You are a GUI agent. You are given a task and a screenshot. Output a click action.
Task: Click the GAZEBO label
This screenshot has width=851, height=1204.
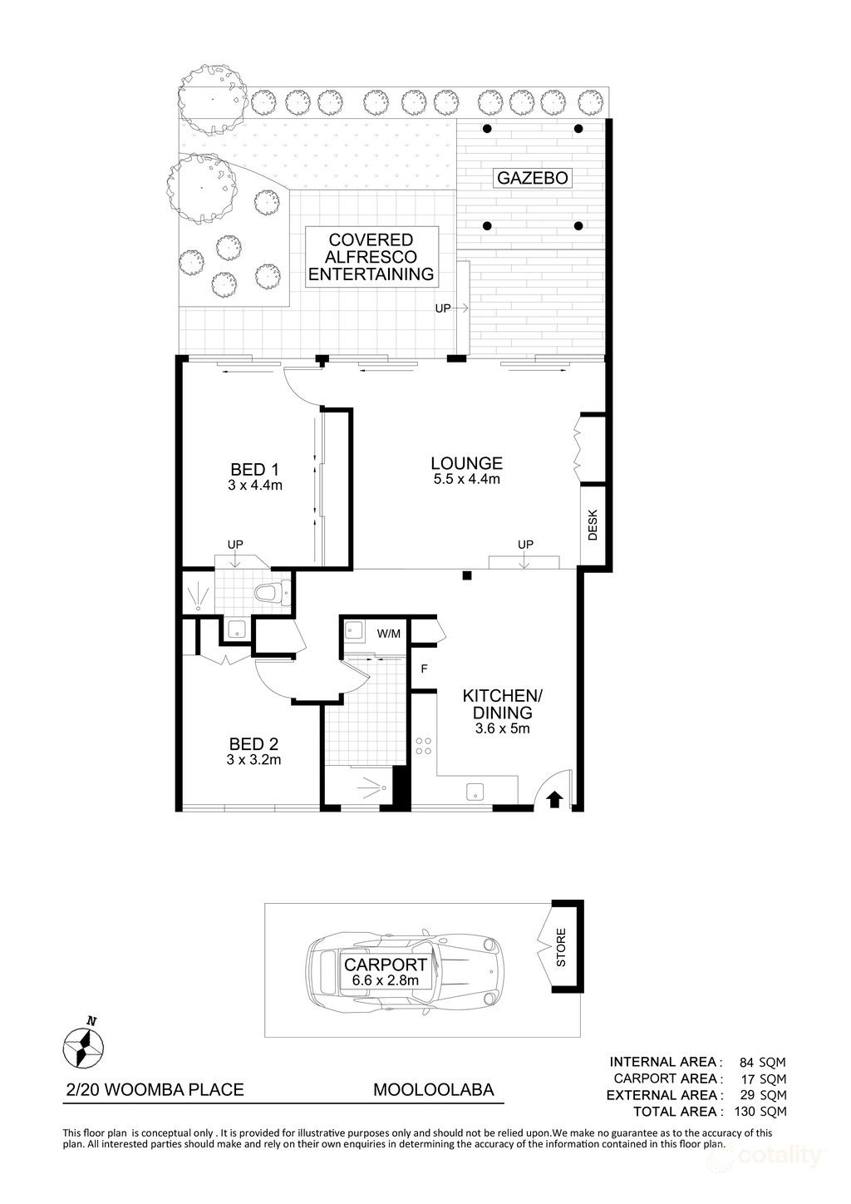click(x=532, y=178)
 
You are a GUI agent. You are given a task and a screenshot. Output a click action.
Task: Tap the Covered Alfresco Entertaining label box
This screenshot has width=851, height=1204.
click(x=371, y=257)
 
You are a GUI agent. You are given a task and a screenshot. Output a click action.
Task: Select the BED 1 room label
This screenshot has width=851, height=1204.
click(x=255, y=469)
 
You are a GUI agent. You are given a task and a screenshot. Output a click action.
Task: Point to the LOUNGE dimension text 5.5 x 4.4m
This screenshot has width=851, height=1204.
click(x=466, y=479)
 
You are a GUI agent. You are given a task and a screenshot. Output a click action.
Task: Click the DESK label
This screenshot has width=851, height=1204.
click(x=593, y=526)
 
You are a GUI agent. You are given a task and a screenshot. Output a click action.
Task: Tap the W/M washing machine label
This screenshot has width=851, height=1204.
click(x=388, y=634)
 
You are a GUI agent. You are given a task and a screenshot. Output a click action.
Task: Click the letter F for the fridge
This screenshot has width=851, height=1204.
click(x=424, y=668)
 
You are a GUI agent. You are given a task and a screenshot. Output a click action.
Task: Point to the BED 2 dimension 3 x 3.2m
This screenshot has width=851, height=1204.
click(x=254, y=759)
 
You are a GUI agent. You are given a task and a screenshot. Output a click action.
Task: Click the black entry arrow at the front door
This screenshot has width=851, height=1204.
click(x=554, y=799)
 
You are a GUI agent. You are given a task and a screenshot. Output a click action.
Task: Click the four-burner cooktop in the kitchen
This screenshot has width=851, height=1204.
click(x=424, y=746)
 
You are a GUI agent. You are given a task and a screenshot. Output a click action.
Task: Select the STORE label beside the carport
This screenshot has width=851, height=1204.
click(x=560, y=947)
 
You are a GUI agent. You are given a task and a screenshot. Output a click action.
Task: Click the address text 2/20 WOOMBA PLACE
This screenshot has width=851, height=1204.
click(x=155, y=1089)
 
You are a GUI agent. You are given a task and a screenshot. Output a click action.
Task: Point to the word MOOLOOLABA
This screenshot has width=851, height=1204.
click(x=433, y=1089)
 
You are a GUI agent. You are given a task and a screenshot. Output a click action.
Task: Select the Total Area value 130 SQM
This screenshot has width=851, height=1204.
click(x=754, y=1111)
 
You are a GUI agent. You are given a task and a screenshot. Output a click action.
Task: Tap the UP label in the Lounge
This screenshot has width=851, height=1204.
click(x=524, y=545)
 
